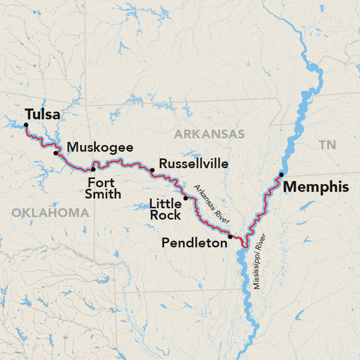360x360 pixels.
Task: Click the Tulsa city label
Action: click(43, 114)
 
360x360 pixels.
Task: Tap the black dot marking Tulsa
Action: click(26, 124)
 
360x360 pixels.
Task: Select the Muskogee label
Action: click(100, 148)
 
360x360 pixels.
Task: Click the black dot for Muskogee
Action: click(56, 153)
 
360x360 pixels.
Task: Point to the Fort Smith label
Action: click(104, 188)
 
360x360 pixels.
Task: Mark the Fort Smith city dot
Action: click(93, 169)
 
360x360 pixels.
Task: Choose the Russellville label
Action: click(194, 164)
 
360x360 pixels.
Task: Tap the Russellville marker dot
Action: click(152, 170)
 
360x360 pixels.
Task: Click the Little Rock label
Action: click(166, 208)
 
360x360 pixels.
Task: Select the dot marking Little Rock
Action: click(185, 198)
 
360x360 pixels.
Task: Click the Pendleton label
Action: click(194, 243)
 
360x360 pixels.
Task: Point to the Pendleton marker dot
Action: click(230, 237)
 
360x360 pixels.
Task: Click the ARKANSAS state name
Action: click(209, 134)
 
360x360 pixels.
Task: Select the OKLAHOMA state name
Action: click(50, 212)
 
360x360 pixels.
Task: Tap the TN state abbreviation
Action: click(327, 145)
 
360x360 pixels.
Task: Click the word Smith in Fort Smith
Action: click(104, 194)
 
